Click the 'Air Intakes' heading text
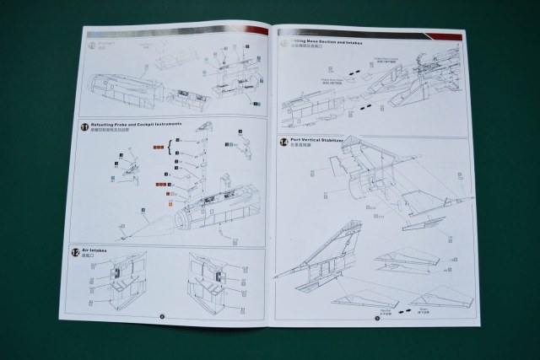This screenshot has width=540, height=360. point(106,250)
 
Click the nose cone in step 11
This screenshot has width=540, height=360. point(157,222)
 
